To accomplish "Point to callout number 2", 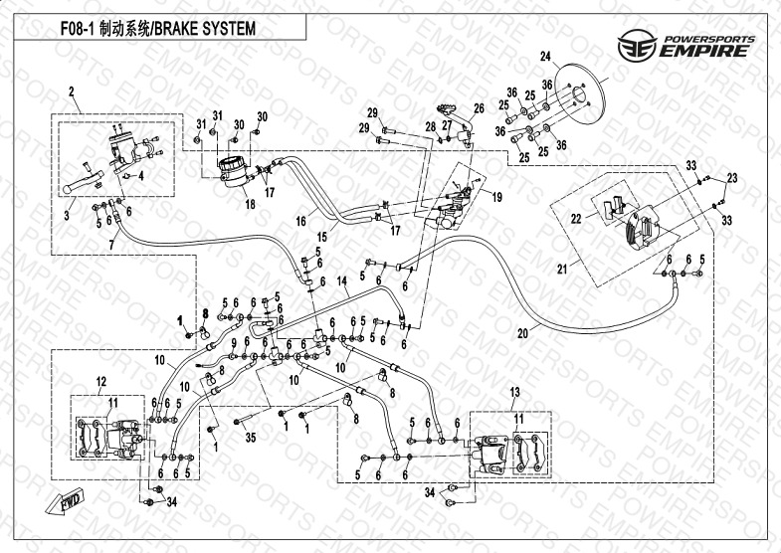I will [x=72, y=92].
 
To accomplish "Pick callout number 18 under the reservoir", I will [x=250, y=204].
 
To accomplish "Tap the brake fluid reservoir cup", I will [x=235, y=167].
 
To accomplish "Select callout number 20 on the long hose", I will [x=521, y=334].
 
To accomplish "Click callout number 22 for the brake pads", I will [x=574, y=218].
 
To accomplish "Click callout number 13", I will [x=513, y=390].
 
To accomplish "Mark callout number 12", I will [x=100, y=381].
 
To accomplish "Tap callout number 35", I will [x=249, y=437].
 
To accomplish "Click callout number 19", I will [x=498, y=198].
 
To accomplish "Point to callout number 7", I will [x=111, y=244].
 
